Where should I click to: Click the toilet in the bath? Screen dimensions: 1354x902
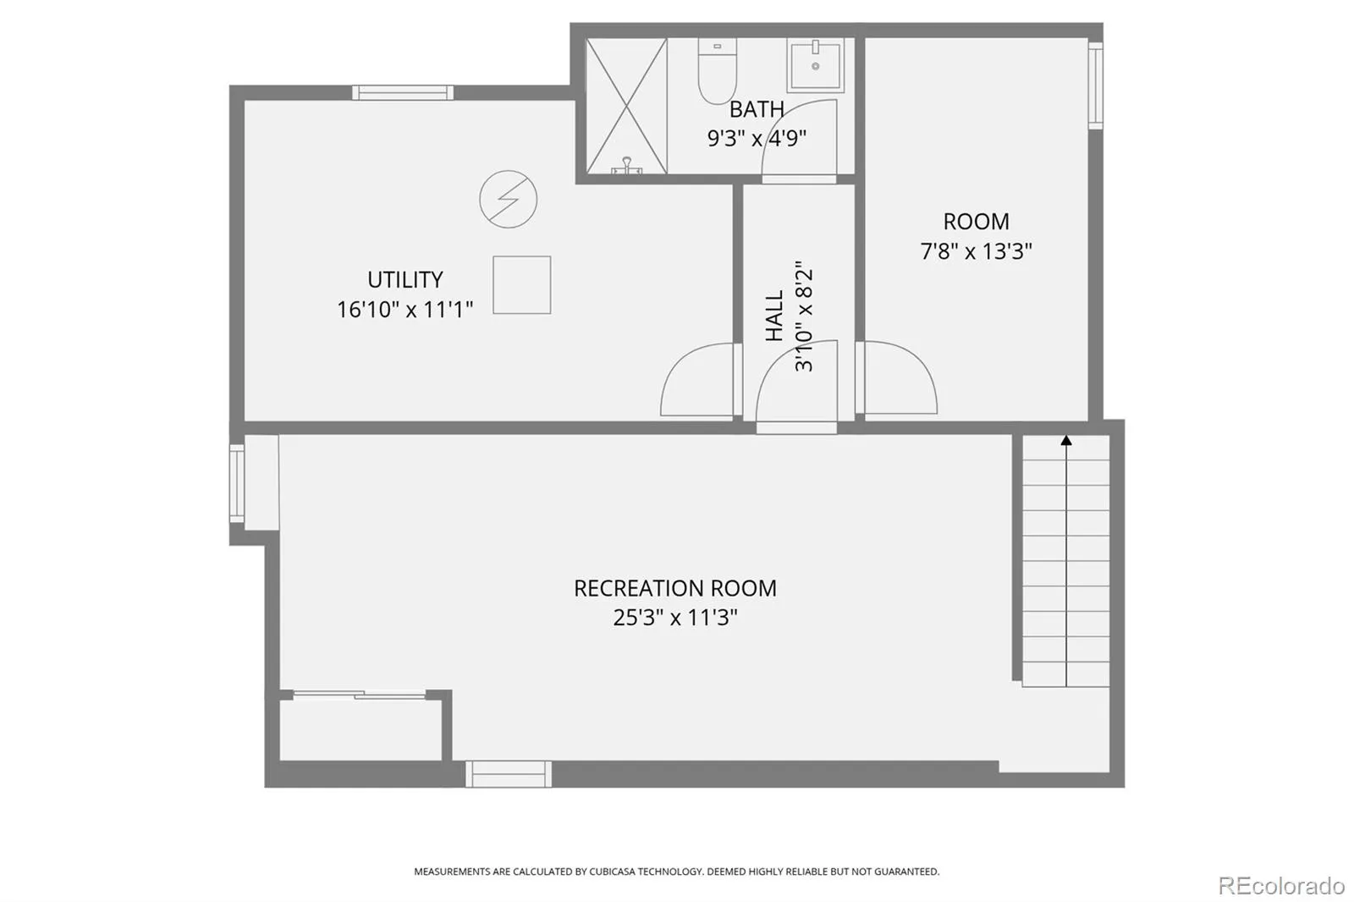pyautogui.click(x=717, y=70)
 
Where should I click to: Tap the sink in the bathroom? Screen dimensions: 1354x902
pyautogui.click(x=816, y=65)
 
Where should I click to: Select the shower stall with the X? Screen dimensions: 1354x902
pyautogui.click(x=627, y=107)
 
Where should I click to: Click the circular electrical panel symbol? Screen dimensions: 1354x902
pyautogui.click(x=509, y=199)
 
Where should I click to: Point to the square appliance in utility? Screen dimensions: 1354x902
pyautogui.click(x=521, y=285)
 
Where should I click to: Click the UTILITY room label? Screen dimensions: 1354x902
pyautogui.click(x=405, y=280)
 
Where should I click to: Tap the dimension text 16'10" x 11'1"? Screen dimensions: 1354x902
pyautogui.click(x=405, y=310)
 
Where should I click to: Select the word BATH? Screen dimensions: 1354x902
pyautogui.click(x=757, y=109)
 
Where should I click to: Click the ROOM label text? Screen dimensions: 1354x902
pyautogui.click(x=977, y=221)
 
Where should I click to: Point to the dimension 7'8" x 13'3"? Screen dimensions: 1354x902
pyautogui.click(x=977, y=251)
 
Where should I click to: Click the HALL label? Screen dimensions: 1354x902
pyautogui.click(x=774, y=316)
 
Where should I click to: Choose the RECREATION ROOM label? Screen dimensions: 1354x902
pyautogui.click(x=675, y=588)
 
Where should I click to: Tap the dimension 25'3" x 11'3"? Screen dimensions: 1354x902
pyautogui.click(x=675, y=618)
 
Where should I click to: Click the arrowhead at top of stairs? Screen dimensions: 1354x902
pyautogui.click(x=1066, y=440)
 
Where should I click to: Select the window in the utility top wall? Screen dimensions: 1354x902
pyautogui.click(x=403, y=92)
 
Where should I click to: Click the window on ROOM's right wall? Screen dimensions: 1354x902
pyautogui.click(x=1096, y=85)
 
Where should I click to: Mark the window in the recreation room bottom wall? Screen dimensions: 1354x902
pyautogui.click(x=509, y=774)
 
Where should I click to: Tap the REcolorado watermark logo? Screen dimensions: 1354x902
pyautogui.click(x=1281, y=886)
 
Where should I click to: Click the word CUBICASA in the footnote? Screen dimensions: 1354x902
pyautogui.click(x=613, y=872)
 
